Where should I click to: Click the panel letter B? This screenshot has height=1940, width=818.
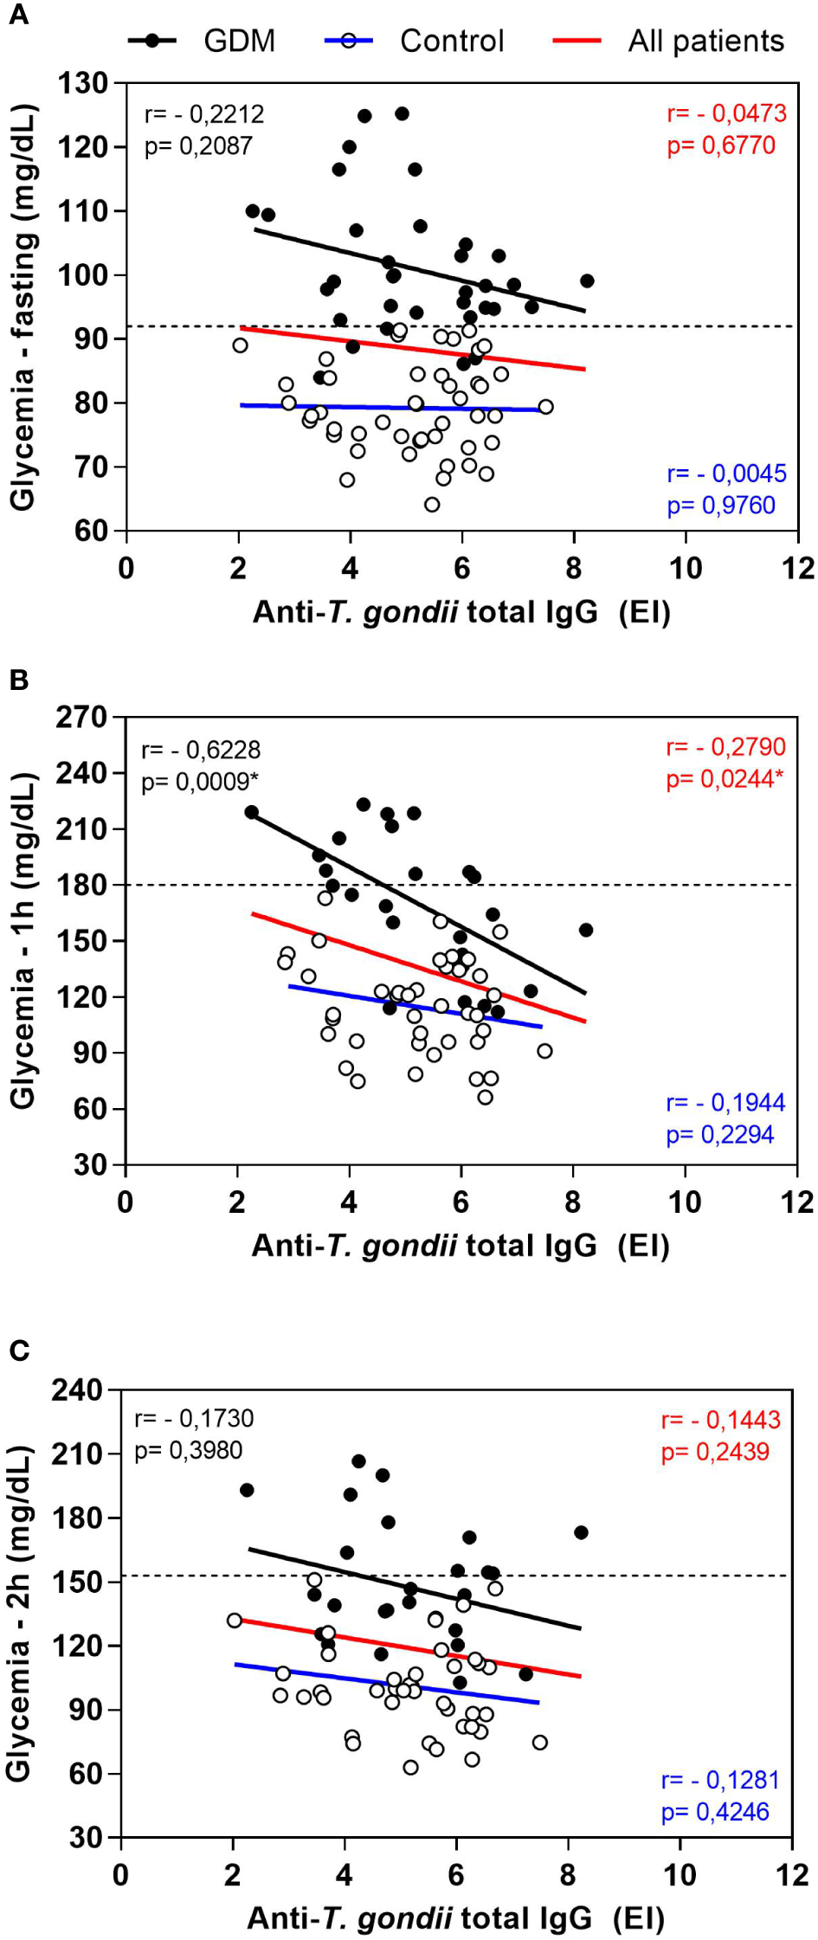click(18, 680)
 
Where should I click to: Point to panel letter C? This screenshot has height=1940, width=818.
click(18, 1350)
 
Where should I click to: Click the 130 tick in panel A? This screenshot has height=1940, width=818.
click(83, 84)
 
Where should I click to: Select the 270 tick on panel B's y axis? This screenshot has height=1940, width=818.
click(83, 717)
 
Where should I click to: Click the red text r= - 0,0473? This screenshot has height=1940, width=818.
click(726, 113)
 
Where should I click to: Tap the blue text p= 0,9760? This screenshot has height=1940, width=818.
click(720, 506)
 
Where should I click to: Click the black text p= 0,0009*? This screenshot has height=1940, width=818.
click(200, 782)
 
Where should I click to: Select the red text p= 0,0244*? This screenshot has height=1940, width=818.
click(725, 779)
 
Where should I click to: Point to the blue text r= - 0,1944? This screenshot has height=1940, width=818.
click(725, 1103)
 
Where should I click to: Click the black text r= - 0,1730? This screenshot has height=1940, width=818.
click(194, 1418)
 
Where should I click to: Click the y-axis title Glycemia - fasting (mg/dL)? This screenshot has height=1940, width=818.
click(23, 306)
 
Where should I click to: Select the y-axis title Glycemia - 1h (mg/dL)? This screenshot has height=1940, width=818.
click(23, 940)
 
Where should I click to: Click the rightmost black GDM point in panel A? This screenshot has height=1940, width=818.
click(587, 280)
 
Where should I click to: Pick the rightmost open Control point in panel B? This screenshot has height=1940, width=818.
click(544, 1051)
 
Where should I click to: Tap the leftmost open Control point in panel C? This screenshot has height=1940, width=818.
click(235, 1620)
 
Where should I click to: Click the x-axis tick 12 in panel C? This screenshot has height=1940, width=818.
click(792, 1875)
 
